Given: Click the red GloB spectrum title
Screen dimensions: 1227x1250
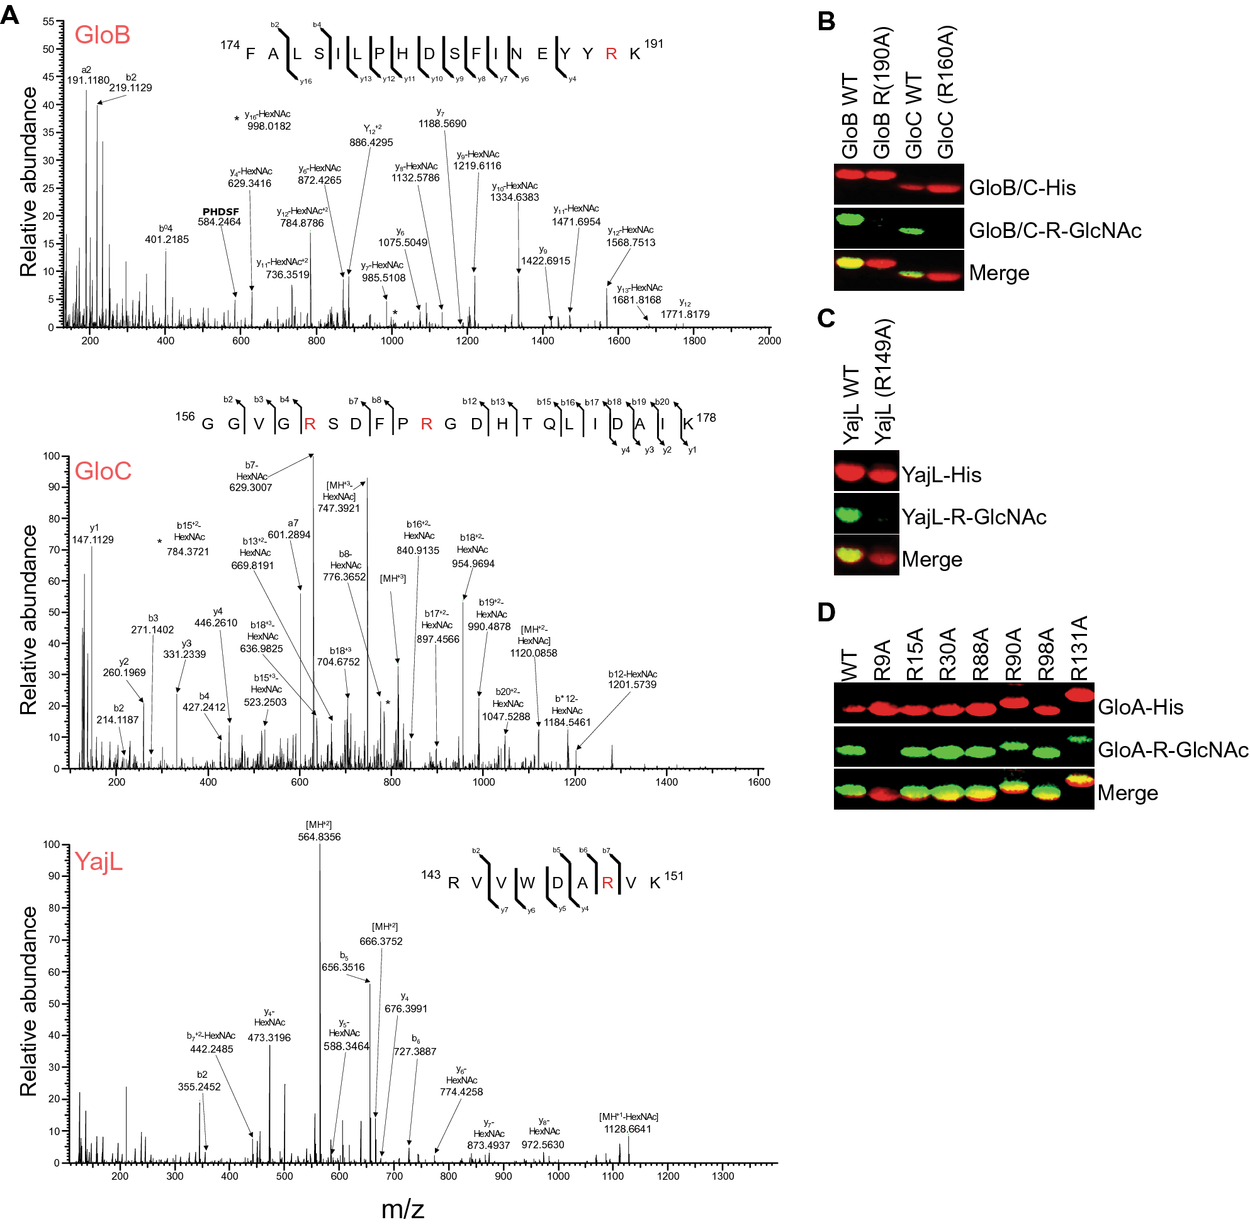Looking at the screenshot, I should (x=102, y=35).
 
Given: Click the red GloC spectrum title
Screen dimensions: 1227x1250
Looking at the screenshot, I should (x=103, y=471).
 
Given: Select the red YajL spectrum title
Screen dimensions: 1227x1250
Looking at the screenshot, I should (x=98, y=861).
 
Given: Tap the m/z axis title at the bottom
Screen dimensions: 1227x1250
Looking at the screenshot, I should (x=402, y=1209).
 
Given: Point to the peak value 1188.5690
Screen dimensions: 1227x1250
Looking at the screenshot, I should (x=442, y=124).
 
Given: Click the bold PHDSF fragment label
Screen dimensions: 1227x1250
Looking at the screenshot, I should (x=220, y=212).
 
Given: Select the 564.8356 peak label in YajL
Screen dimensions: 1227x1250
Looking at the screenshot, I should (x=319, y=837).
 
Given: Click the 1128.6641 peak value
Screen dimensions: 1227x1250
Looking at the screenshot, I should (x=627, y=1129).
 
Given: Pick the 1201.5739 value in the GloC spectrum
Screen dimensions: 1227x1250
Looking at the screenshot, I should (x=631, y=684).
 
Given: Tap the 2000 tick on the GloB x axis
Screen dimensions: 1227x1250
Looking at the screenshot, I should (x=769, y=341).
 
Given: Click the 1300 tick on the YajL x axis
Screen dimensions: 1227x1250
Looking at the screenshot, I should (x=723, y=1176).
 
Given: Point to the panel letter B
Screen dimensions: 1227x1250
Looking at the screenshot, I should (x=826, y=21).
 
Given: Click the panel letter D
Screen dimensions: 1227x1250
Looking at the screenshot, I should (x=826, y=612).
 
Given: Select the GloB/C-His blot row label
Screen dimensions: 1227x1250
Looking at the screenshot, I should (x=1022, y=188).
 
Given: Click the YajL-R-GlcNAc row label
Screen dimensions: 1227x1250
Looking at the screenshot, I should (x=973, y=517).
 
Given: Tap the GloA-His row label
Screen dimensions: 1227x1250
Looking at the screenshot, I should (x=1140, y=707).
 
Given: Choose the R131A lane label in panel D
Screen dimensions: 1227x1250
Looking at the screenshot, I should (x=1079, y=648).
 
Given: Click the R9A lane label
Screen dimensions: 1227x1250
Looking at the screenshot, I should (x=881, y=660).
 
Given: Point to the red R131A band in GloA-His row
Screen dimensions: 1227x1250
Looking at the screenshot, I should (x=1079, y=694).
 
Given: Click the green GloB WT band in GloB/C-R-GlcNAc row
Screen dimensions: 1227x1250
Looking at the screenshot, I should (x=850, y=220).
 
